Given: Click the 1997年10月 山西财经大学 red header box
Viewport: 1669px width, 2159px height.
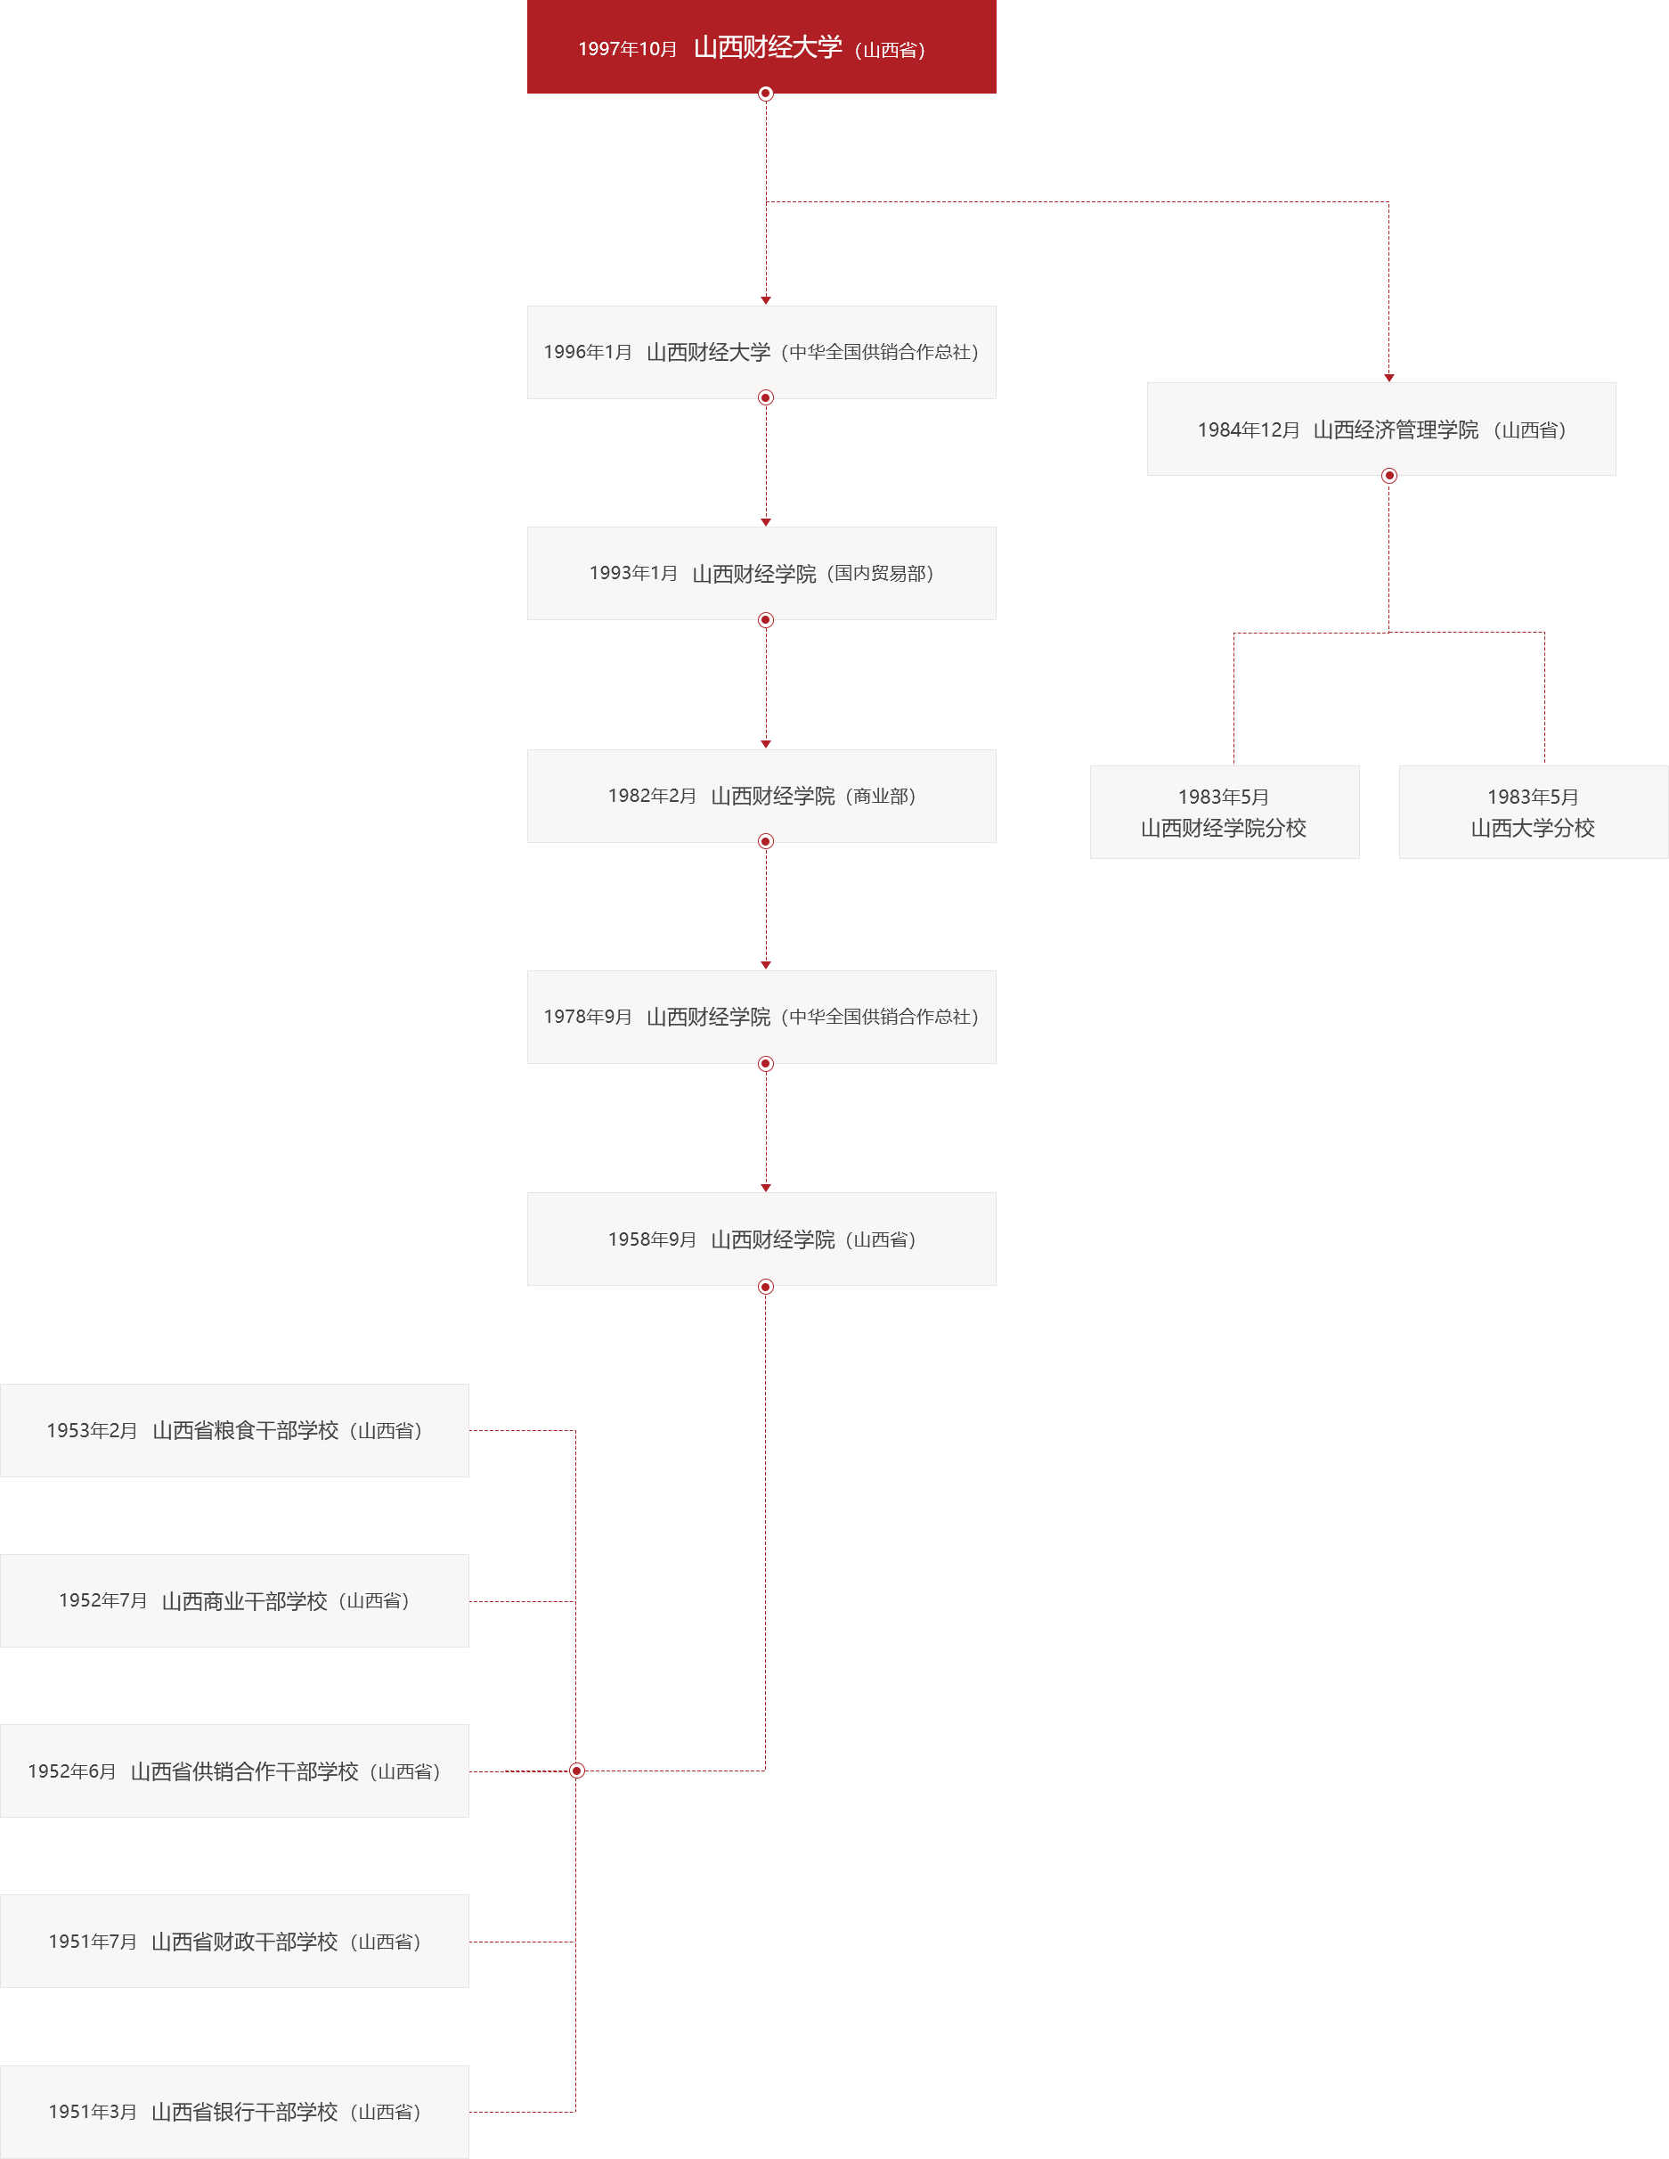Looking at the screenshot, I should point(761,47).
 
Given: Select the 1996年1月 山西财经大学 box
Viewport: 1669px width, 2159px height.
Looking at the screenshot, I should point(761,352).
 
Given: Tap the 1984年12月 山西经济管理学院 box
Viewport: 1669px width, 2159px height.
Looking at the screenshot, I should point(1380,429).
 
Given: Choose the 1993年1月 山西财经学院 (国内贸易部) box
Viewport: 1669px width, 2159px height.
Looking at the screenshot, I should point(761,573).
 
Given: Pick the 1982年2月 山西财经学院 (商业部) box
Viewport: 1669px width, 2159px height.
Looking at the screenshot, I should point(761,796).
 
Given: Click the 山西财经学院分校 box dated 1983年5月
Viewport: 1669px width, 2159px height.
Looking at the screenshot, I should point(1224,813).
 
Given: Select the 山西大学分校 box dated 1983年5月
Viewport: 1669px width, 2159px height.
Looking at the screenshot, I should point(1533,813).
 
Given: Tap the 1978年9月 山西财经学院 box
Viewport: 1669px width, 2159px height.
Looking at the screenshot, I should point(761,1016).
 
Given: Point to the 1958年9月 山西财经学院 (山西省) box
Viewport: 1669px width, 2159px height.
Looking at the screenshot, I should point(761,1239).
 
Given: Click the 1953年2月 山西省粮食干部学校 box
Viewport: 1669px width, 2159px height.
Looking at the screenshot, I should point(234,1430).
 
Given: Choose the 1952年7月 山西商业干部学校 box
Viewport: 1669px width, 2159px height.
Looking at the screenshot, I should point(234,1600).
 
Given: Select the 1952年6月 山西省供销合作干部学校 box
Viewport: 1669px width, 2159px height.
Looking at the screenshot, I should point(234,1771).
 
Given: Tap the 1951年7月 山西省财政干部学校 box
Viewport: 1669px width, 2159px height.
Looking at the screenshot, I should point(234,1942).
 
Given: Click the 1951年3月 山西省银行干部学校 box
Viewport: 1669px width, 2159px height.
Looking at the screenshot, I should point(234,2112).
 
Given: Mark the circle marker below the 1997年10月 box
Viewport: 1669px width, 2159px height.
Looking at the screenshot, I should point(766,94).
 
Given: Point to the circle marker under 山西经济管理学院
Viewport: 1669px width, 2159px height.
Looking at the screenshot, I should point(1388,477).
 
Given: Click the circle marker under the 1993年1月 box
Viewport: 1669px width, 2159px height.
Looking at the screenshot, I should point(766,621).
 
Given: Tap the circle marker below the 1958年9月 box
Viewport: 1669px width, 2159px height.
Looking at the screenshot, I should point(766,1287).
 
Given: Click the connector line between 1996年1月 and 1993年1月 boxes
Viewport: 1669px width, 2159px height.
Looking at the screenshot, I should point(766,460).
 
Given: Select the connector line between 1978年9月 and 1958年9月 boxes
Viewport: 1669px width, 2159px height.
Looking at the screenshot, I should point(766,1127).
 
